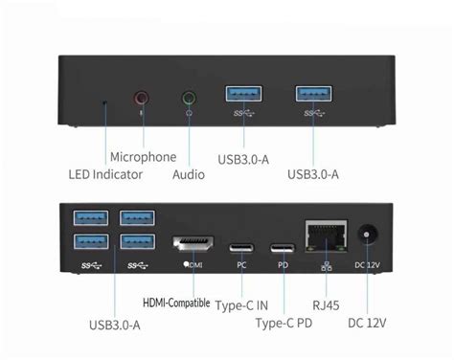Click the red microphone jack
tap(142, 97)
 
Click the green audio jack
tap(189, 97)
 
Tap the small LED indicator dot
tap(104, 99)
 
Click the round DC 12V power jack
tap(369, 236)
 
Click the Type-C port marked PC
tap(241, 243)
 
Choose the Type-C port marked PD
tap(284, 243)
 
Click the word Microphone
tap(143, 157)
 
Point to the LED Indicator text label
tap(105, 174)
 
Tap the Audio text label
tap(189, 174)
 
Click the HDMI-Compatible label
tap(176, 303)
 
